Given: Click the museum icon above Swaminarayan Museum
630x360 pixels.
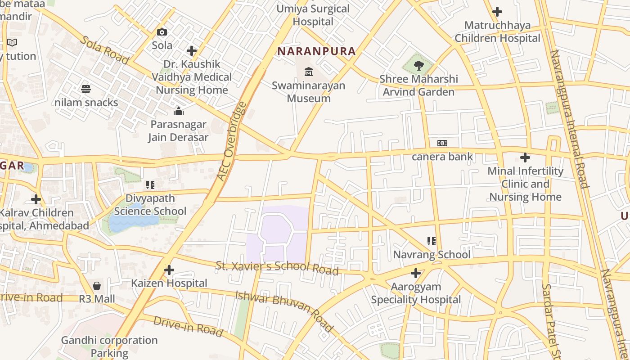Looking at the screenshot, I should pos(309,72).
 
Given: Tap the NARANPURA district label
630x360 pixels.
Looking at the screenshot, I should pos(316,51).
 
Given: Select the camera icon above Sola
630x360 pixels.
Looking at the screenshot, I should pos(162,32).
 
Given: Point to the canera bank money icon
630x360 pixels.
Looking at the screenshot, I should pos(442,143).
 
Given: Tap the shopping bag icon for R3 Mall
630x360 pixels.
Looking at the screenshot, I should pos(97,286).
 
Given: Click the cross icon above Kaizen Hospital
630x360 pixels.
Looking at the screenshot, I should pos(169,270).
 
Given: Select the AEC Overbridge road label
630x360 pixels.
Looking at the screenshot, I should pos(232,141).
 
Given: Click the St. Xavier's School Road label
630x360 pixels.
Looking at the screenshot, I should pos(277,267).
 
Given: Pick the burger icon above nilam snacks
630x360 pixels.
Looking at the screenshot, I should pos(86,89).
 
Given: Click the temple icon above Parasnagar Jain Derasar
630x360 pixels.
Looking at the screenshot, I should pos(179,111).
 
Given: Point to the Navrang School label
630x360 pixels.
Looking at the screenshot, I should pos(432,255).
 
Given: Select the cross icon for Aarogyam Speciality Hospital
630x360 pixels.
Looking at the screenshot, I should pos(416,273).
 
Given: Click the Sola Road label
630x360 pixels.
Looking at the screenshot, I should pos(105,49).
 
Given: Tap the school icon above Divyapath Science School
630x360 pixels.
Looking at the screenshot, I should pos(150,185).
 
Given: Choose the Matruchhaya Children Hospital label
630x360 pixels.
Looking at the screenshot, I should pos(497,31).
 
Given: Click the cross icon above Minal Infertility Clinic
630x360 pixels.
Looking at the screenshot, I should pos(525,157).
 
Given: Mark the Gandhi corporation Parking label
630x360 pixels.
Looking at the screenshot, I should pos(109,346).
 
